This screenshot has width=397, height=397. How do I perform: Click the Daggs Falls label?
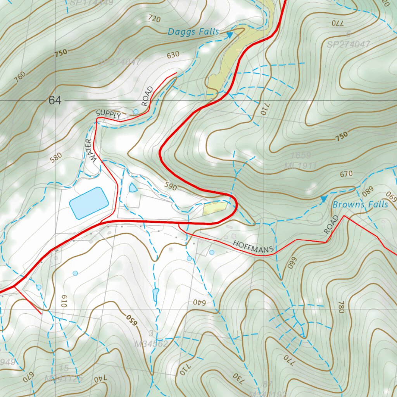[x=193, y=32]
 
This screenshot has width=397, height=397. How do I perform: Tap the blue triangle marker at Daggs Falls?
[x=230, y=35]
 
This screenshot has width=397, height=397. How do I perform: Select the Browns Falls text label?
[x=360, y=204]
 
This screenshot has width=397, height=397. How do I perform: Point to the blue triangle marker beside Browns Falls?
[x=323, y=199]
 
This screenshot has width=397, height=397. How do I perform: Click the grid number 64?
[x=55, y=101]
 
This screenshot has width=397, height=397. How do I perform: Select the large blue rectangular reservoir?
[x=88, y=203]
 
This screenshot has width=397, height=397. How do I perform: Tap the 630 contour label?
[x=173, y=55]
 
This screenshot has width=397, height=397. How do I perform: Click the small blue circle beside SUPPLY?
[x=136, y=112]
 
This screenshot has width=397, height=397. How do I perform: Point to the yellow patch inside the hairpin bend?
[x=214, y=208]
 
